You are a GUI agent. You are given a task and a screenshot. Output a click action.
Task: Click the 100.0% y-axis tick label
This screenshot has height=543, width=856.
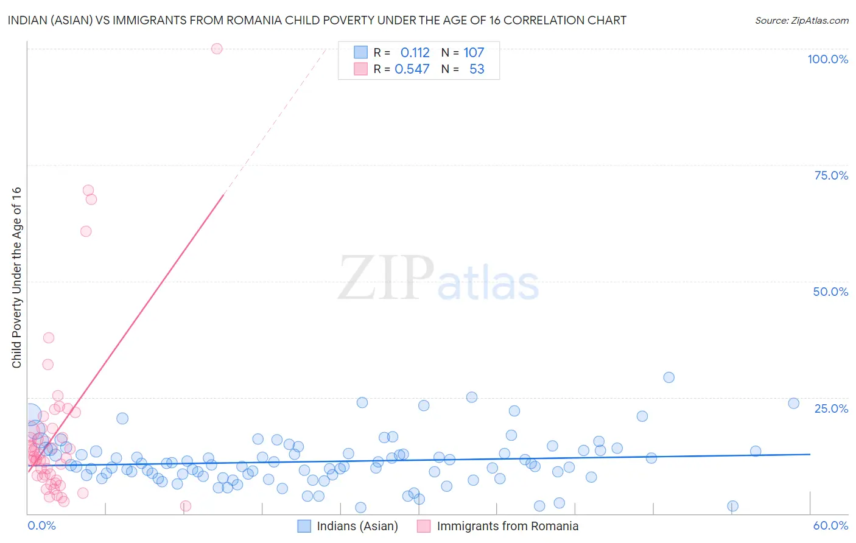pos(827,59)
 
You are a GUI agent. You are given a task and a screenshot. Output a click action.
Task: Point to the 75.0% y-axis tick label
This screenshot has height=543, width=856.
pos(831,175)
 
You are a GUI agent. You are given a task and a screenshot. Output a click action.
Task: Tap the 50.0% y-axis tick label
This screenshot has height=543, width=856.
pos(830,292)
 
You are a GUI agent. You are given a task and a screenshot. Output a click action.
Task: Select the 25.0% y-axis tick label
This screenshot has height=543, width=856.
pos(831,408)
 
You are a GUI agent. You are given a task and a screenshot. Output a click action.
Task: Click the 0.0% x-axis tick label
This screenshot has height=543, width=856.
pos(41,525)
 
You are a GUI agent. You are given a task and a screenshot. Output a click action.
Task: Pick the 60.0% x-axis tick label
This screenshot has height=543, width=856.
pos(830,525)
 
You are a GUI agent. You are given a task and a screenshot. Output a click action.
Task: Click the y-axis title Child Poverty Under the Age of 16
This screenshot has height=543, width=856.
pos(16,277)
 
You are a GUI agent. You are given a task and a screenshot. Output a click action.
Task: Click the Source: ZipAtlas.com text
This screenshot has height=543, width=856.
pos(801,20)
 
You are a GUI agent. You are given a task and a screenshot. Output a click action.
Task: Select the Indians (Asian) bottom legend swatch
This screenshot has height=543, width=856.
pos(304,526)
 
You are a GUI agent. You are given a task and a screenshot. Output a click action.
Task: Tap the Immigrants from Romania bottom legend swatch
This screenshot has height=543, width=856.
pos(424,526)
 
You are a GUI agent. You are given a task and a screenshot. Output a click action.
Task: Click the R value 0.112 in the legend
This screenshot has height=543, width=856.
pos(415,52)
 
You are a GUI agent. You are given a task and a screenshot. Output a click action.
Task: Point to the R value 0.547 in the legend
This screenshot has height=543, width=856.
pos(412,69)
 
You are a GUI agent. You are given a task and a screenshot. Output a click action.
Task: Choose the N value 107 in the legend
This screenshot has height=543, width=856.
pos(474,52)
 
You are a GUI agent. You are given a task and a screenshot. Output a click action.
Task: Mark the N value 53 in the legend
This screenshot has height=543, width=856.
pos(477,69)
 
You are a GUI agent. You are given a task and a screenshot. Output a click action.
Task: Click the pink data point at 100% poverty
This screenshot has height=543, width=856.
pos(217,49)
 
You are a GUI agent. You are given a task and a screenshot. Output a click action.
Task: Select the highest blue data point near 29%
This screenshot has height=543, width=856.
pos(668,377)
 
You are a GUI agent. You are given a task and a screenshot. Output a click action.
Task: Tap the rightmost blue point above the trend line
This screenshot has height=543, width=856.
pos(793,403)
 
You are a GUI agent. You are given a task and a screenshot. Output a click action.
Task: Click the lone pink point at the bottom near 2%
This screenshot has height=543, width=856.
pos(186,506)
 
